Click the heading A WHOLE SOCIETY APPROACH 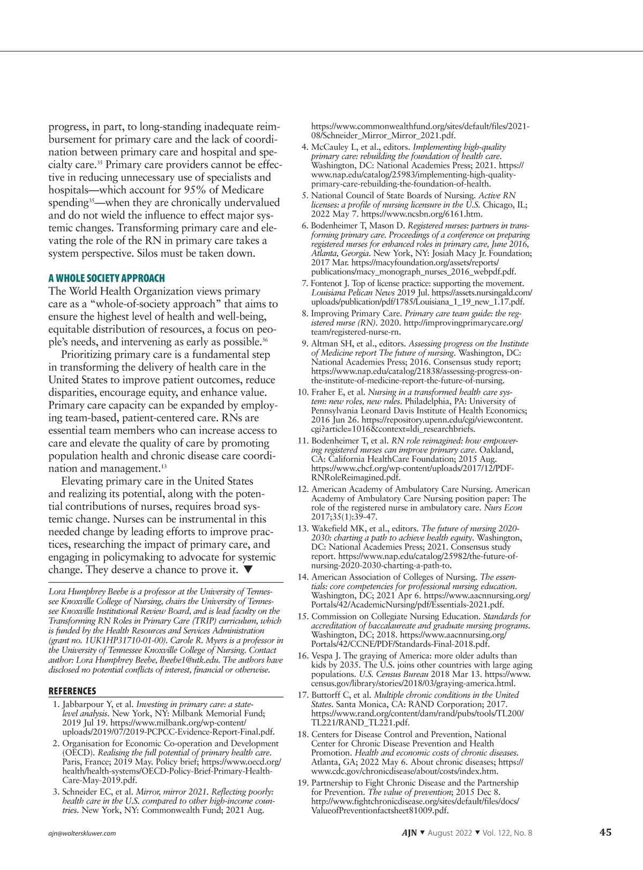107,278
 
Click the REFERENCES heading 72,691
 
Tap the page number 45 605,832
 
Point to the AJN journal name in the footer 409,832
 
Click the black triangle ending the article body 247,569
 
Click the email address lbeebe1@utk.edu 186,660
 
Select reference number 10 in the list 303,392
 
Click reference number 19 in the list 303,783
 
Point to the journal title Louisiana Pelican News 354,292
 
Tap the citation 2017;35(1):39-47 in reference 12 344,516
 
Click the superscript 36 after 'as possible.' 265,339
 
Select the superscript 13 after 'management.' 164,466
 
